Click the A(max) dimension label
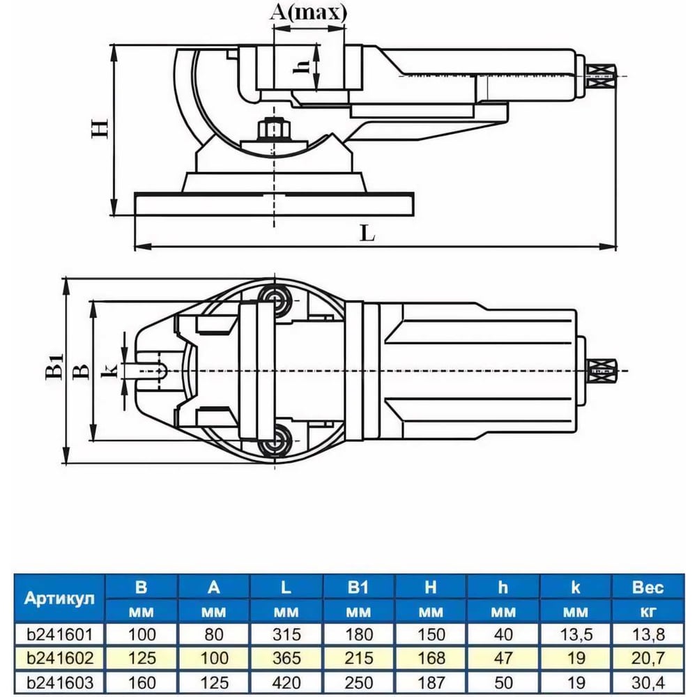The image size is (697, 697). [x=308, y=13]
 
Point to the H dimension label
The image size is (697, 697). [x=100, y=128]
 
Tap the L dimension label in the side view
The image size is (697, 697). [x=367, y=233]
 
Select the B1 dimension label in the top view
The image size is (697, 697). [x=54, y=367]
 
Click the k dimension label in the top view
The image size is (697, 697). [x=109, y=370]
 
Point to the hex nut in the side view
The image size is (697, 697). [x=270, y=128]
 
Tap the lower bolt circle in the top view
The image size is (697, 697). [x=274, y=441]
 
